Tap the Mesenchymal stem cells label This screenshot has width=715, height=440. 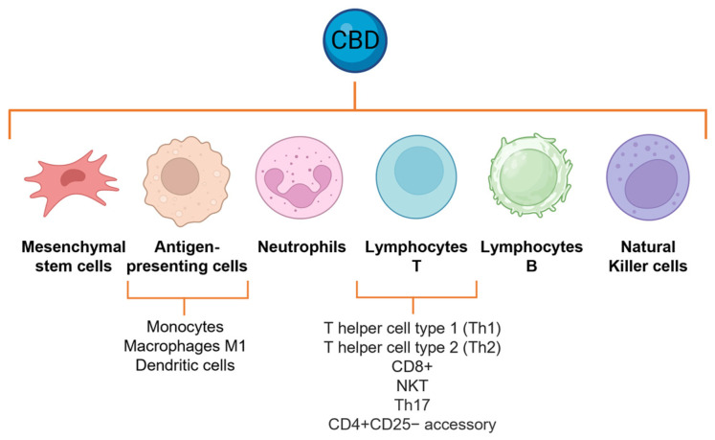[75, 256]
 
